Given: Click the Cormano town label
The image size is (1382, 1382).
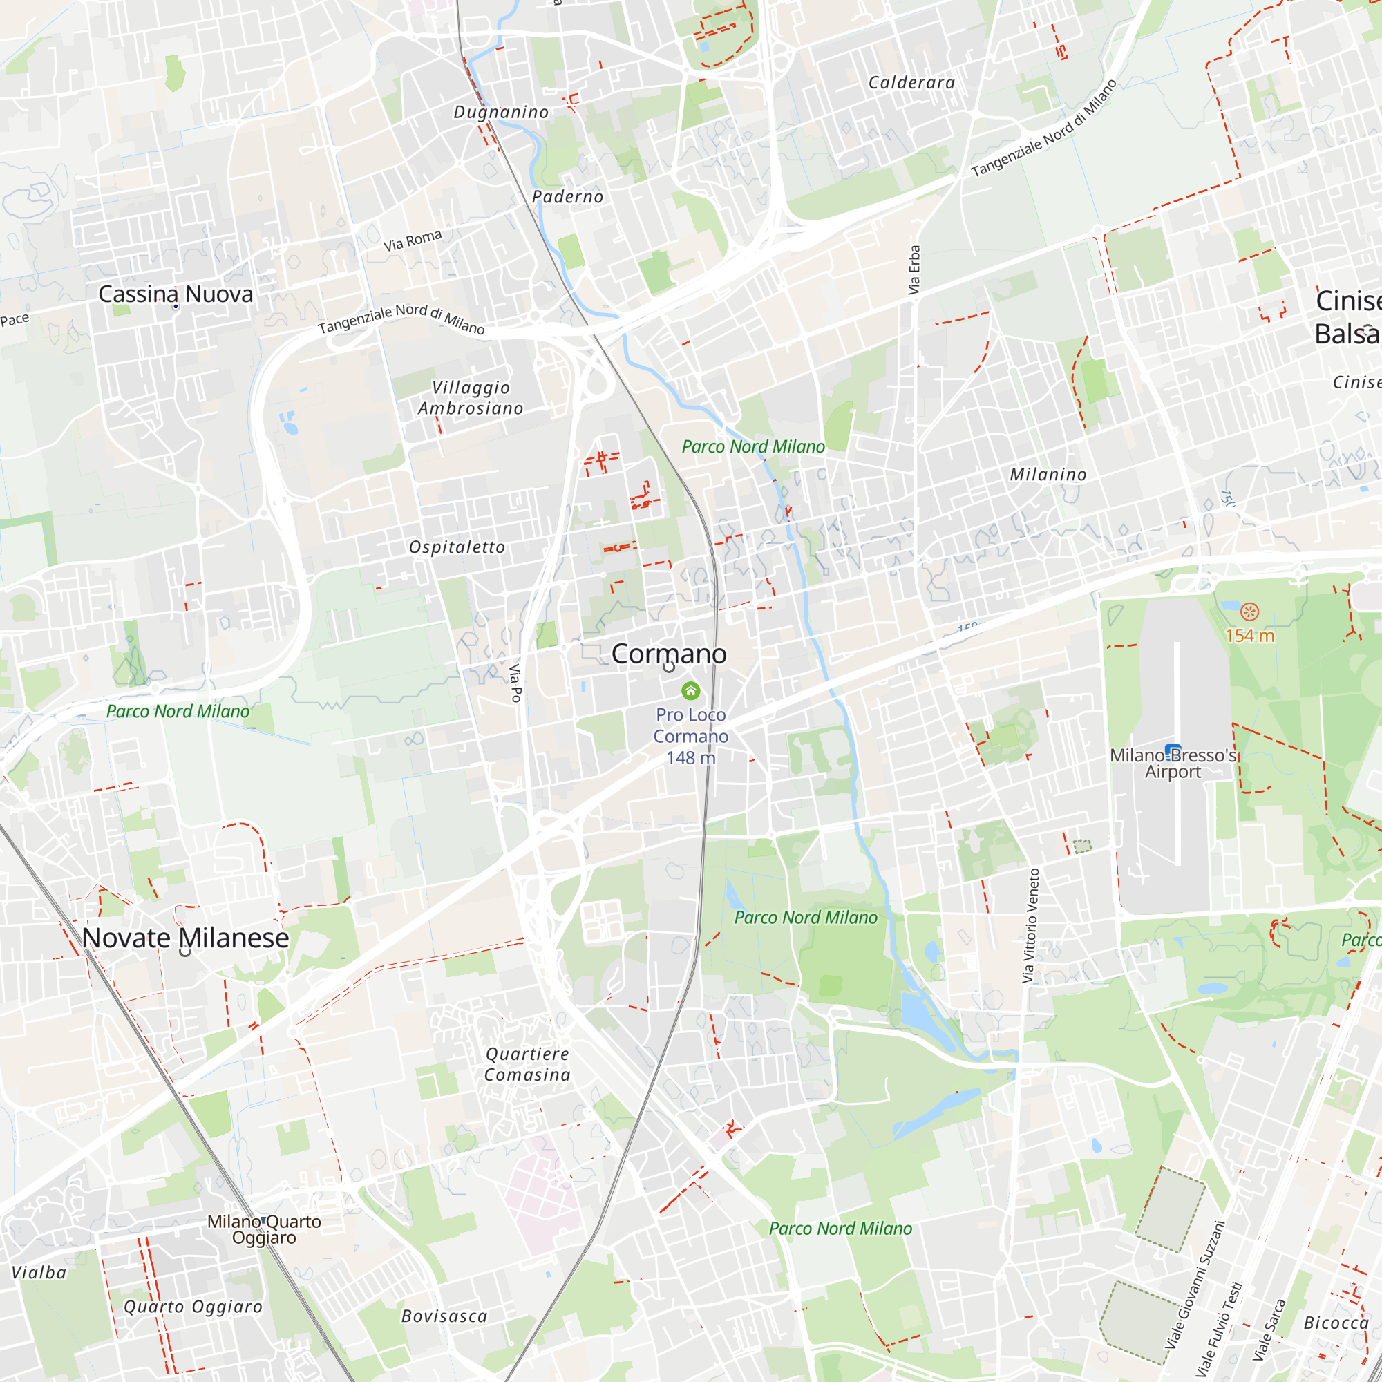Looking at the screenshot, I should click(x=669, y=654).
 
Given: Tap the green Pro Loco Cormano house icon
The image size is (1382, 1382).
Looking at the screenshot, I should click(x=690, y=691).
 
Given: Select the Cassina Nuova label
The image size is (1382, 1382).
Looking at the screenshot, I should click(x=176, y=294).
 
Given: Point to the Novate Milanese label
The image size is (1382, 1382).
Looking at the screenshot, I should click(x=185, y=938).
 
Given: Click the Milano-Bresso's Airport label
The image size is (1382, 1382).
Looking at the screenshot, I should click(x=1173, y=764).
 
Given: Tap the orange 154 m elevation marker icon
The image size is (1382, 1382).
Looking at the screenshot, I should click(x=1249, y=612).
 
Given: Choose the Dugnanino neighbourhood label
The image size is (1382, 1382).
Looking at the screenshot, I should click(x=502, y=113).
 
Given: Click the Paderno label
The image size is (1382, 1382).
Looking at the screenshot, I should click(x=568, y=197).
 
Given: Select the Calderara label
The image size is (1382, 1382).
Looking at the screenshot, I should click(x=912, y=83).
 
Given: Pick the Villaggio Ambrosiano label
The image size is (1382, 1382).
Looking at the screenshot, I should click(x=471, y=398).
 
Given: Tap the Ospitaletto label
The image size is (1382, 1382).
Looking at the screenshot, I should click(x=457, y=547).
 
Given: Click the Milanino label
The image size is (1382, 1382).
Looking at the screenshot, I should click(x=1048, y=475).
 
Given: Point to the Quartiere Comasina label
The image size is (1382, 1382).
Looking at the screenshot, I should click(x=527, y=1064).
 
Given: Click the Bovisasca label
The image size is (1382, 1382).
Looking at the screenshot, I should click(x=444, y=1316).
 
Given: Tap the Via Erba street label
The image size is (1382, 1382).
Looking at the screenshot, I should click(x=914, y=270).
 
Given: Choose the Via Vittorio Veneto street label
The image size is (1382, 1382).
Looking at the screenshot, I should click(x=1031, y=926).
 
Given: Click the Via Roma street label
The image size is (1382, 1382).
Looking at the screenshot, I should click(x=413, y=240).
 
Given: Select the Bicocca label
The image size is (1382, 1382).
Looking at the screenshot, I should click(x=1336, y=1323).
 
